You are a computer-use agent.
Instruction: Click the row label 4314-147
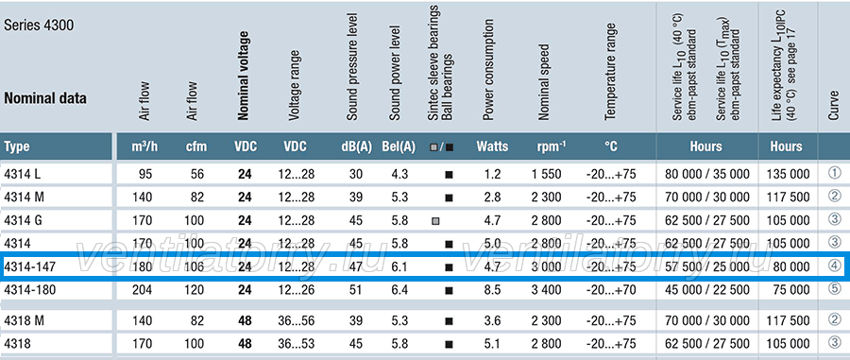pyautogui.click(x=30, y=266)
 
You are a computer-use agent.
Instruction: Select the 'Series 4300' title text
pyautogui.click(x=39, y=26)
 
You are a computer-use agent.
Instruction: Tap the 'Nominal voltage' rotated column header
pyautogui.click(x=245, y=76)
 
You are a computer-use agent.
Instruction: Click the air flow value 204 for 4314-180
pyautogui.click(x=143, y=290)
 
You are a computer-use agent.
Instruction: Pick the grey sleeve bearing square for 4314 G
pyautogui.click(x=435, y=221)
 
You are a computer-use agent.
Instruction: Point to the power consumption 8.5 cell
pyautogui.click(x=493, y=290)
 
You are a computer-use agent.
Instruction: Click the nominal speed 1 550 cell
pyautogui.click(x=547, y=174)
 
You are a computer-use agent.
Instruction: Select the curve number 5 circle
pyautogui.click(x=835, y=288)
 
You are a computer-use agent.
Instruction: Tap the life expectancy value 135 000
pyautogui.click(x=789, y=174)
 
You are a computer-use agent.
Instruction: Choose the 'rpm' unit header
pyautogui.click(x=552, y=146)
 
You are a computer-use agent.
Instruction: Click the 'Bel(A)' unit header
pyautogui.click(x=399, y=146)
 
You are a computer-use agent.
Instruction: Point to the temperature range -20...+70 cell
pyautogui.click(x=611, y=290)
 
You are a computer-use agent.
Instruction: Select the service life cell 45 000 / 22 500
pyautogui.click(x=706, y=290)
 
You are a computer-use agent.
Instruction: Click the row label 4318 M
pyautogui.click(x=24, y=321)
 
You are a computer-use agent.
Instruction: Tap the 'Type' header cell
pyautogui.click(x=17, y=146)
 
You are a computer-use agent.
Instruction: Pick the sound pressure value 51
pyautogui.click(x=356, y=290)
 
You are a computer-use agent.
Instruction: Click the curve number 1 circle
pyautogui.click(x=835, y=173)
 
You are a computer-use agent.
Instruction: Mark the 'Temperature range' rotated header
pyautogui.click(x=611, y=71)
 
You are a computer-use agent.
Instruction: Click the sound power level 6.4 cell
pyautogui.click(x=399, y=290)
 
